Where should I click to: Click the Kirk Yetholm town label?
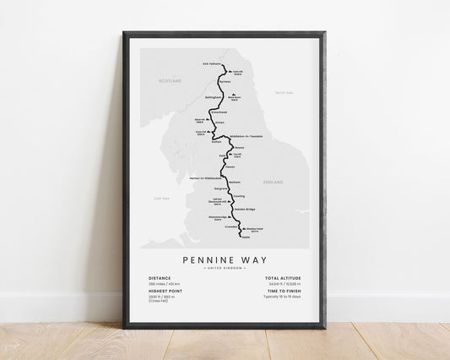coord(211,65)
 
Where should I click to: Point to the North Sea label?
coord(282,91)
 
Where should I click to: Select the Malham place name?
coord(235,182)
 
